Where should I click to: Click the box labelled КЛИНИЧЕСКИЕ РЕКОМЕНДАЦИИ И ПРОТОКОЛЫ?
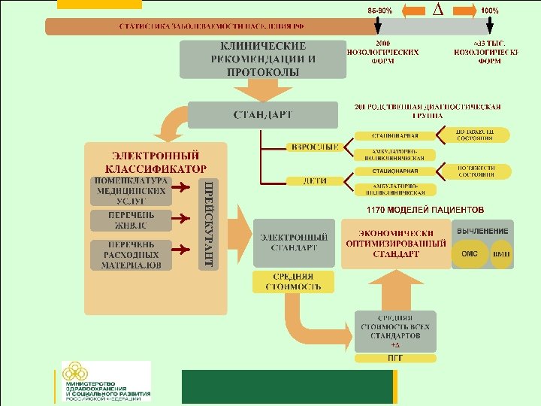(x=262, y=59)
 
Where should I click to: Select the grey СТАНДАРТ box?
(x=262, y=115)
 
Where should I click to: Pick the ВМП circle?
(x=501, y=254)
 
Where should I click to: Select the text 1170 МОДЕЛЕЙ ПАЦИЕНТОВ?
(x=425, y=209)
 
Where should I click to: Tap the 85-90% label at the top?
(x=379, y=11)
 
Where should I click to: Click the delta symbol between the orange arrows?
(x=438, y=10)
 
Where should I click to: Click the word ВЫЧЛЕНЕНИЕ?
(x=483, y=230)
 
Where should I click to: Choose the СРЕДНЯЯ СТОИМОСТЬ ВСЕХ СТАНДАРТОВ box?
(x=395, y=332)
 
